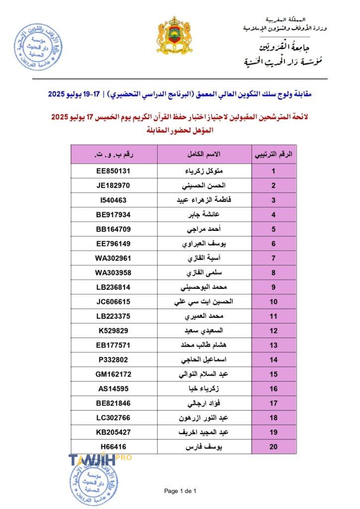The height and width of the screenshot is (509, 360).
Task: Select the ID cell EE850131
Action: [113, 171]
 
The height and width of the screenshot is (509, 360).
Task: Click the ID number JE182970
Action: [113, 186]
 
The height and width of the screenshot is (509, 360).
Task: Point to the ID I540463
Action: [113, 200]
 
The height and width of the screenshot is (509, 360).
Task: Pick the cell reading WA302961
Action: [113, 258]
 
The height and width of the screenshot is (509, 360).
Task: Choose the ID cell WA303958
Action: [113, 273]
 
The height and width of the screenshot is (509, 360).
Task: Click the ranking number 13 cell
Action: [273, 345]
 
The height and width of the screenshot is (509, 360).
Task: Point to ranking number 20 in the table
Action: [273, 446]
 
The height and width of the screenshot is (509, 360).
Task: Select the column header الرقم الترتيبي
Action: [273, 154]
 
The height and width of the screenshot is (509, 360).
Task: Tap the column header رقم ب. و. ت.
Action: [113, 154]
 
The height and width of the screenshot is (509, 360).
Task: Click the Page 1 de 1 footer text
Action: [180, 491]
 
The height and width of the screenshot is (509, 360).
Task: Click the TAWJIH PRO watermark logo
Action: [99, 459]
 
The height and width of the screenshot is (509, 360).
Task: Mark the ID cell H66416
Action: [113, 446]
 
